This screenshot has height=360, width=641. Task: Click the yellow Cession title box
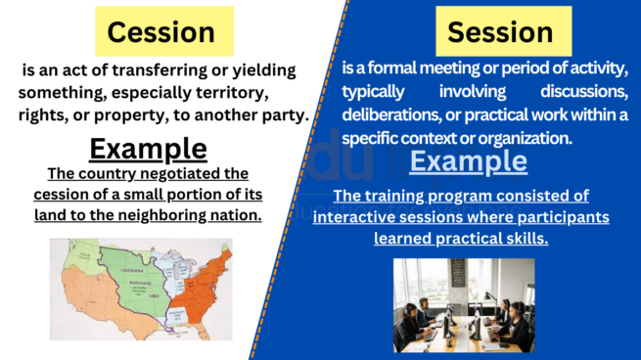tap(161, 32)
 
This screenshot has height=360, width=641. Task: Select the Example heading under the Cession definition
tap(148, 149)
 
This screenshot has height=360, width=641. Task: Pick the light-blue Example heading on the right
tap(468, 160)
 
